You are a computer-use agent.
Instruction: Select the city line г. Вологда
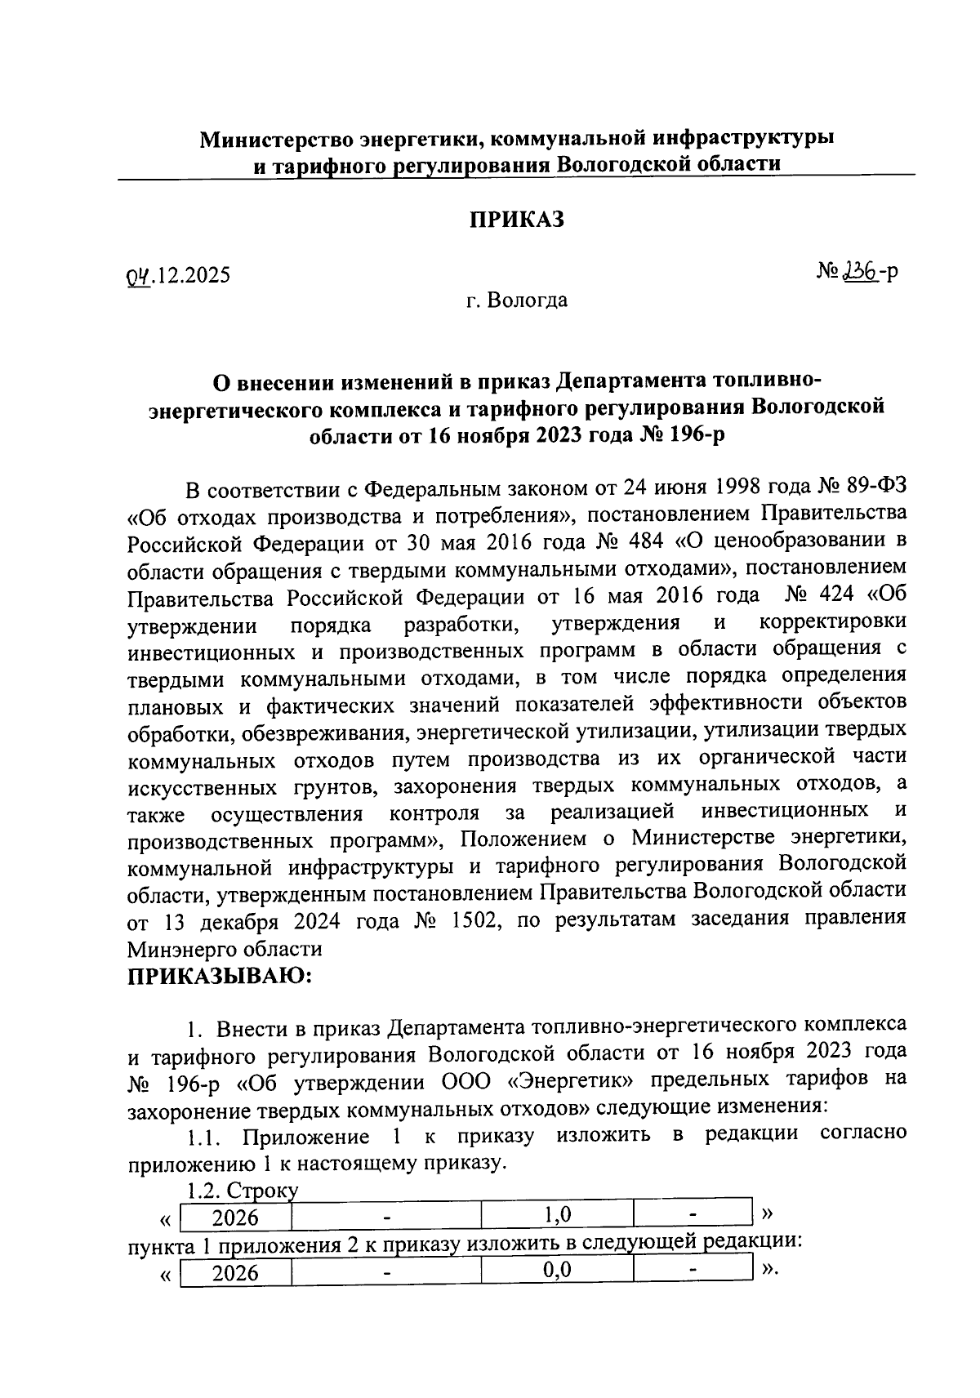click(x=516, y=301)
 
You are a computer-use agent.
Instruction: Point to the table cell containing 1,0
click(x=557, y=1215)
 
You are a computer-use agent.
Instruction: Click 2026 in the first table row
click(x=235, y=1218)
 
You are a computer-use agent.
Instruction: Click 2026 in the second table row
click(x=235, y=1273)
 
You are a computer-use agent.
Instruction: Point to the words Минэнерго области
click(x=225, y=949)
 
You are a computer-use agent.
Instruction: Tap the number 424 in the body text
click(x=830, y=595)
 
